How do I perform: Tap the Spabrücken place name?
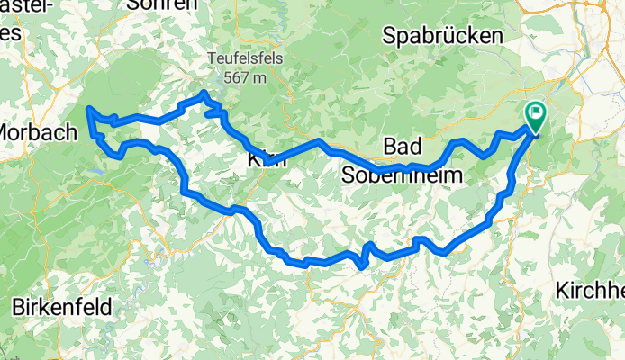coord(441,36)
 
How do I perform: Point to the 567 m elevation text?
coord(245,77)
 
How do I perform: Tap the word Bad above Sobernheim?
coord(402,146)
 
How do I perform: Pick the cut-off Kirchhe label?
coord(590,290)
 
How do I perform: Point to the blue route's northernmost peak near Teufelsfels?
coord(204,94)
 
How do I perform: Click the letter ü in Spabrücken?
coord(466,36)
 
